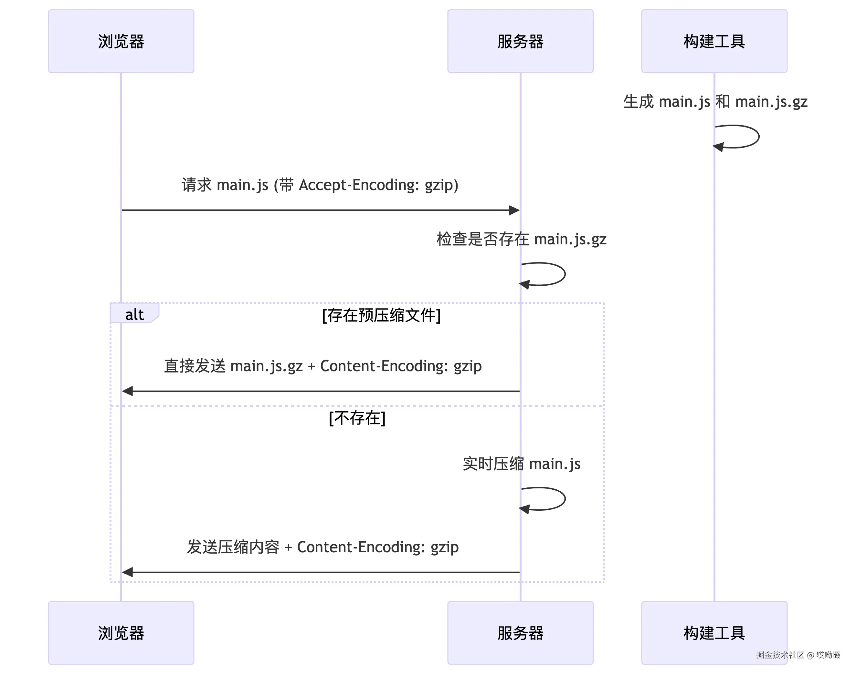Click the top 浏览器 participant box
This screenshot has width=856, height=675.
[x=121, y=41]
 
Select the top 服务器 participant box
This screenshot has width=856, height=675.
[x=520, y=41]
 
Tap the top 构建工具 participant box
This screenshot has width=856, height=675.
[x=714, y=41]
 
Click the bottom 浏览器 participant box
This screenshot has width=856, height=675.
[x=121, y=633]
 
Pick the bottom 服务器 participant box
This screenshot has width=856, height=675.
[x=520, y=633]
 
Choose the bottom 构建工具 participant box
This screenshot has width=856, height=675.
[x=714, y=633]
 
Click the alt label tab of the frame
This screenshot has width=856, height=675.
[x=134, y=314]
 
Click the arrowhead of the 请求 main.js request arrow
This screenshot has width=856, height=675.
[x=514, y=210]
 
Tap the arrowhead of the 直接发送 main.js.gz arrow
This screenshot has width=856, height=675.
[x=127, y=391]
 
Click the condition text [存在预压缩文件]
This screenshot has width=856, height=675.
[x=381, y=315]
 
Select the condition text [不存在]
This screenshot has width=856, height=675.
[x=357, y=418]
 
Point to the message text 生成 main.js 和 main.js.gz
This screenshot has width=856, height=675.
[x=715, y=102]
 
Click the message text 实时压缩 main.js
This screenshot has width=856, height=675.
[x=521, y=464]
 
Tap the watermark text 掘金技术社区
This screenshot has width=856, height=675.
[x=780, y=655]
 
